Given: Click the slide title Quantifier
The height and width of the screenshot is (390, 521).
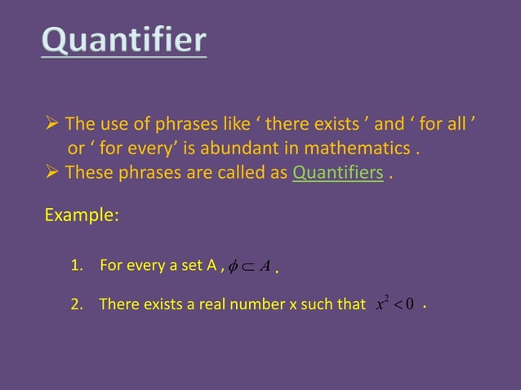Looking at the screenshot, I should [124, 42].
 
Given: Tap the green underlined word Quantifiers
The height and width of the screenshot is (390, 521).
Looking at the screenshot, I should [337, 173].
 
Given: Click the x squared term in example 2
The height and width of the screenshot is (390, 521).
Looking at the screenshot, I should [381, 304].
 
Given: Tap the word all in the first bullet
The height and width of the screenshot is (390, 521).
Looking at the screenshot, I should [461, 125].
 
